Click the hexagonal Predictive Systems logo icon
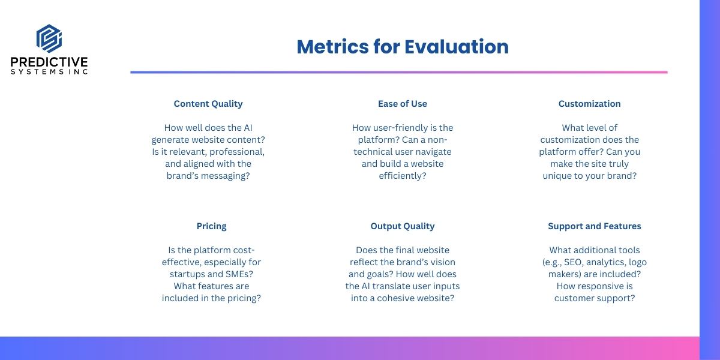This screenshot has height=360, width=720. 49,38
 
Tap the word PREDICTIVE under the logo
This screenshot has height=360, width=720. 49,62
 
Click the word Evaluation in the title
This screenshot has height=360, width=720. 457,47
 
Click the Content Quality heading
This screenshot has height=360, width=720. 208,104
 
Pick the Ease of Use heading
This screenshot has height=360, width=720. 403,104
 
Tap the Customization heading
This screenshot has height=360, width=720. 589,104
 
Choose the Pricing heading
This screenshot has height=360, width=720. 211,226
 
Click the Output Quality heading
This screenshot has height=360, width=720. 403,226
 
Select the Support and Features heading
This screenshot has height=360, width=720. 595,226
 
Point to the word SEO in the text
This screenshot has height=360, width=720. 573,262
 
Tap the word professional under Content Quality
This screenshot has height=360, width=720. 237,152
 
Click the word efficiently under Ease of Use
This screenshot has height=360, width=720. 403,176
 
